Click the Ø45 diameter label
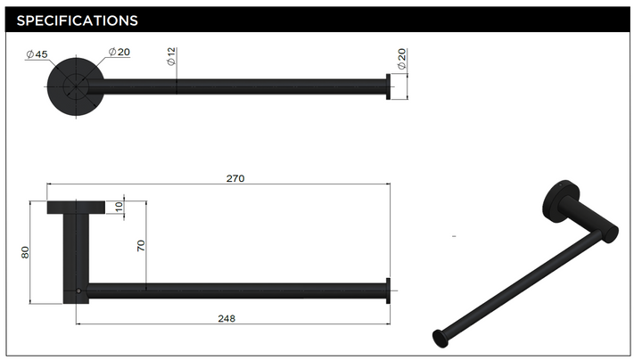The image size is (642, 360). [x=37, y=54]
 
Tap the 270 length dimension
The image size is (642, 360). [x=235, y=178]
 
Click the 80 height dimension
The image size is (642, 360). [x=25, y=252]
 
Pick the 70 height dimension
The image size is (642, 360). [x=140, y=245]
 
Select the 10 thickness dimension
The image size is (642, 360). [x=119, y=207]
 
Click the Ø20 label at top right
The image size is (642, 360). [x=402, y=59]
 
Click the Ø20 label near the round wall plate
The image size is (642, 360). [x=119, y=52]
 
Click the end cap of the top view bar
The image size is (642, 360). [x=388, y=86]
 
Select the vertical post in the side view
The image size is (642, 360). [x=75, y=254]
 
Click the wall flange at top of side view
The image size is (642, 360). [x=75, y=208]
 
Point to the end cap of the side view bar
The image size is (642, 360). [x=388, y=290]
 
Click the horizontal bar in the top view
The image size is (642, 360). [x=241, y=86]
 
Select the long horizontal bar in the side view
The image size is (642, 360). [x=236, y=290]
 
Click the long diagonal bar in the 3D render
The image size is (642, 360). [x=517, y=285]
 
